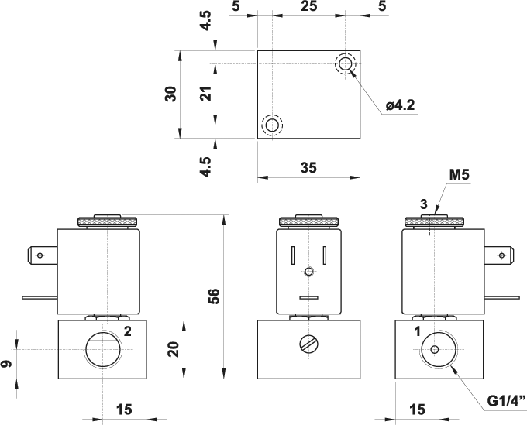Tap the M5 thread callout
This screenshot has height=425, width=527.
[460, 175]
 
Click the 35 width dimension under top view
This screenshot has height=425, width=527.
[308, 166]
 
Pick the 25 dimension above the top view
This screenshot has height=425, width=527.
[308, 7]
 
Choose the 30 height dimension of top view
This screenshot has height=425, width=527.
[171, 94]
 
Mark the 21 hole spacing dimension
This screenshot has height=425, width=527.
[205, 94]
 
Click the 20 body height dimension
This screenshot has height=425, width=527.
[174, 349]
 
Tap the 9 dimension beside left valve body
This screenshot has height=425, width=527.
[7, 363]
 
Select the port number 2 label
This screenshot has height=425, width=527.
[128, 331]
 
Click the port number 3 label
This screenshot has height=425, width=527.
[423, 204]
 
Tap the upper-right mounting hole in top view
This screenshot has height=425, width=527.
[345, 63]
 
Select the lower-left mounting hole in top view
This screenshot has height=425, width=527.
[271, 125]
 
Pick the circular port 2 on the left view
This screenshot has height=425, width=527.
[102, 350]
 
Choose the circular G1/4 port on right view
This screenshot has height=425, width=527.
[437, 350]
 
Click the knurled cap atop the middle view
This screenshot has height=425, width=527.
[308, 221]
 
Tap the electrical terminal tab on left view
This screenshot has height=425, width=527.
[42, 253]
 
